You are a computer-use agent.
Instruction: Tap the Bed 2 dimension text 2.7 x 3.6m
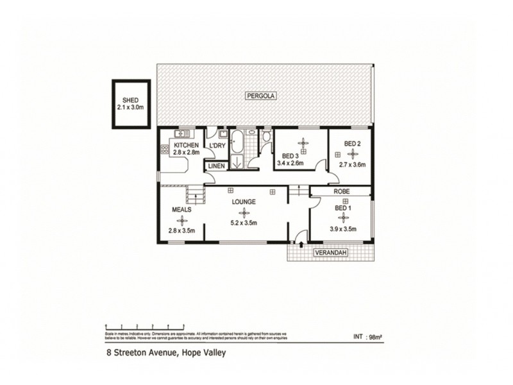coord(351,164)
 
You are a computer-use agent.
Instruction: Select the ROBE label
coord(340,191)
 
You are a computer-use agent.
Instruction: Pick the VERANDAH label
coord(330,253)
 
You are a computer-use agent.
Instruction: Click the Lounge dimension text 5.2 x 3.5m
coord(244,223)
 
